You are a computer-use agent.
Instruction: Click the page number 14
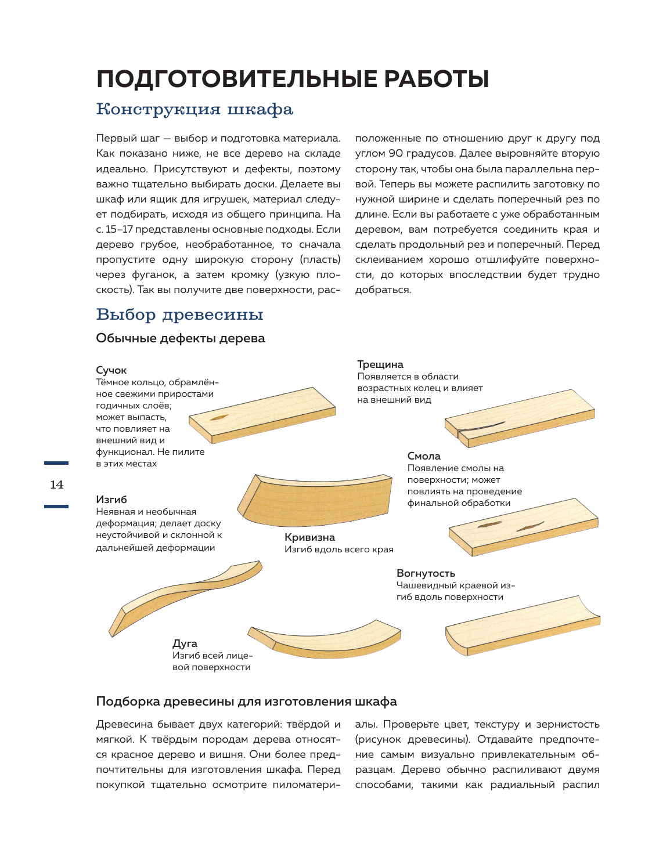pos(56,484)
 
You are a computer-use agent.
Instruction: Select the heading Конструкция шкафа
pos(194,110)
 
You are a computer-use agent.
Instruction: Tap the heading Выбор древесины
pos(179,314)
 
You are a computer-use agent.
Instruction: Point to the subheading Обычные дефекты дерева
pos(180,338)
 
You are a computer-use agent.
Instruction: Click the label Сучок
pos(111,370)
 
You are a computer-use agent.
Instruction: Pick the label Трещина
pos(380,364)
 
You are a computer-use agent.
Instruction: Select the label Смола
pos(424,456)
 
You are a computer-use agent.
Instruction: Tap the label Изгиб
pos(111,500)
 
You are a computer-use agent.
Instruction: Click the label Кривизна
pos(309,537)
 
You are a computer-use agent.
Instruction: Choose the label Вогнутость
pos(426,573)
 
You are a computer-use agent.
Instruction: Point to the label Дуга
pos(185,643)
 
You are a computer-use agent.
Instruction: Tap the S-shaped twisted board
pos(186,595)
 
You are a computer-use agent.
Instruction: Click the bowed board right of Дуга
pos(325,638)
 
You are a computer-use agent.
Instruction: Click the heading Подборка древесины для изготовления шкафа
pos(246,701)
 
